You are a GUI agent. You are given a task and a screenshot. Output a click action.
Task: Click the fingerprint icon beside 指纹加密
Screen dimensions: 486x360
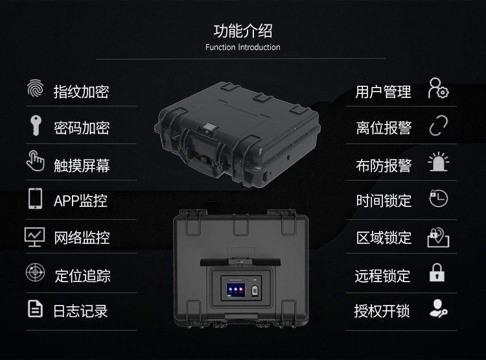tap(36, 88)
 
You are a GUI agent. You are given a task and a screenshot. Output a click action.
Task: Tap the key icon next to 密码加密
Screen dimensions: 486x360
tap(36, 125)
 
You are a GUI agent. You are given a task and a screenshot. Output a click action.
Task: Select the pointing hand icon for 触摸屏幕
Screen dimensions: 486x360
tap(35, 161)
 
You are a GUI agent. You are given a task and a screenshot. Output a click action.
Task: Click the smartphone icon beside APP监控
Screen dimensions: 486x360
tap(36, 198)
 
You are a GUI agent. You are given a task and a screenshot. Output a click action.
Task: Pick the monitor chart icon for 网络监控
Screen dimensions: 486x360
tap(34, 237)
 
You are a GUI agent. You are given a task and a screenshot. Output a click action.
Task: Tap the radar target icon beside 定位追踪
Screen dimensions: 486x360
tap(35, 272)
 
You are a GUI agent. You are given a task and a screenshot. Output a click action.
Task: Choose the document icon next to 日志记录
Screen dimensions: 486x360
tap(35, 309)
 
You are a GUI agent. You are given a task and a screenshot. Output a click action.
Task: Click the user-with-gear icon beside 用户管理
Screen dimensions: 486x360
tap(437, 88)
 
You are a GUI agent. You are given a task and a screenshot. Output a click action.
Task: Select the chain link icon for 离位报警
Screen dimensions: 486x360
tap(439, 125)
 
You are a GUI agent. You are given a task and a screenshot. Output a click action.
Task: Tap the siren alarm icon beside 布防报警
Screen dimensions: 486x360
tap(438, 162)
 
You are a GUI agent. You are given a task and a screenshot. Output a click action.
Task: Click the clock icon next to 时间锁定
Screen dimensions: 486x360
tap(438, 198)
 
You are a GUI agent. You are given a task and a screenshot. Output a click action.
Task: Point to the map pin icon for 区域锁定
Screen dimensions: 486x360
tap(438, 237)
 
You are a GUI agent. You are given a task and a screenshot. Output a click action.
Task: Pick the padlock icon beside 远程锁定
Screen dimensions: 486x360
tap(437, 272)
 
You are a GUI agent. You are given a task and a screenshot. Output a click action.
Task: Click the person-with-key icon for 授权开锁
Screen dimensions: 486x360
tap(438, 309)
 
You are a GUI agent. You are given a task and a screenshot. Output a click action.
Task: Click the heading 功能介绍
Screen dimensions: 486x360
tap(243, 30)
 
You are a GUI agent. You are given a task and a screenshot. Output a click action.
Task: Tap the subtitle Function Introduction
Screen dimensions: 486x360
tap(243, 47)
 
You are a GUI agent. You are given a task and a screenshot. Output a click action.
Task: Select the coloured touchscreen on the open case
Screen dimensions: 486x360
tap(236, 289)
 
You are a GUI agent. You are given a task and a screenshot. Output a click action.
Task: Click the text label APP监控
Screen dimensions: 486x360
tap(80, 200)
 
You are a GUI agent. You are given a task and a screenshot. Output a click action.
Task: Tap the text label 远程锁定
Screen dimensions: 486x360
tap(383, 276)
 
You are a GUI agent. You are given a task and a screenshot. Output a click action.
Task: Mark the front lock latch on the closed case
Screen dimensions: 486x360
tap(211, 128)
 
